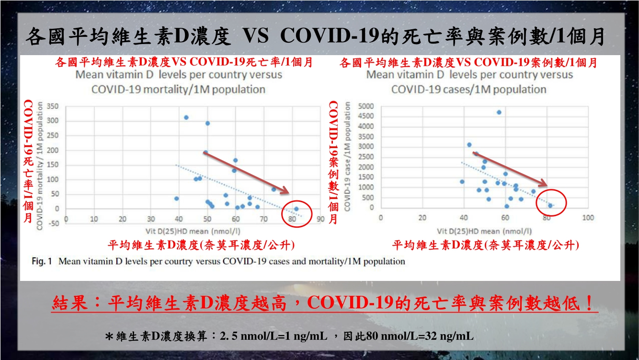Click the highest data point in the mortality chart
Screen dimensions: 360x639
click(186, 117)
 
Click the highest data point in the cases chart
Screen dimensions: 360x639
click(499, 112)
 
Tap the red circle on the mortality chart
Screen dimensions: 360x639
click(297, 210)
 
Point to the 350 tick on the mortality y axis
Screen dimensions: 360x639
click(52, 106)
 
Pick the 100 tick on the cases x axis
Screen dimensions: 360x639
click(587, 218)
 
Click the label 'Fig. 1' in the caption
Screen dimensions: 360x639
click(41, 262)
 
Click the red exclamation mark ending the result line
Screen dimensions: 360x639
click(590, 303)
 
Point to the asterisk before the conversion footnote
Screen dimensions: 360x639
click(109, 337)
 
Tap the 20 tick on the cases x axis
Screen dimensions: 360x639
click(422, 218)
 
